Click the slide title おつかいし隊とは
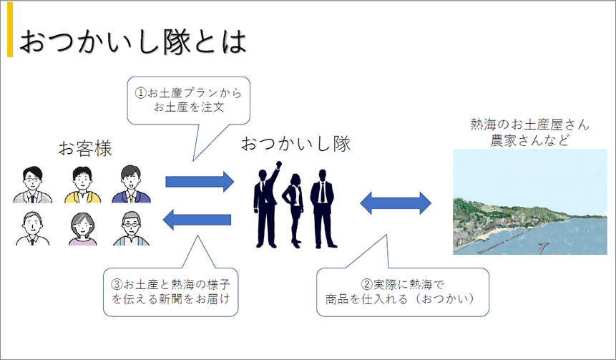pos(132,42)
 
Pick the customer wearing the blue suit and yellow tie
pos(131,185)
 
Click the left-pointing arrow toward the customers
pos(198,222)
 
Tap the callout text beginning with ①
pos(189,101)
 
